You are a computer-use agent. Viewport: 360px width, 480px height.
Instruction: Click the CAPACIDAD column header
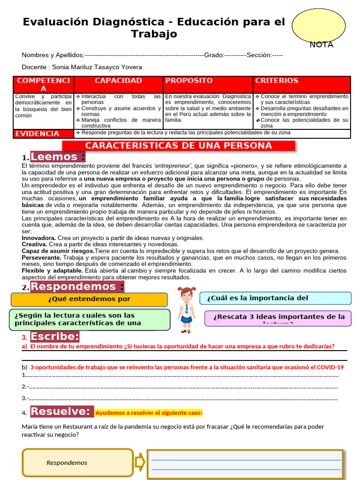[x=118, y=81]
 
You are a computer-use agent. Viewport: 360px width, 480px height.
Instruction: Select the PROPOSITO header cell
[x=189, y=81]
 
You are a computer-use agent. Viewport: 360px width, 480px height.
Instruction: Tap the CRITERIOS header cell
[x=277, y=81]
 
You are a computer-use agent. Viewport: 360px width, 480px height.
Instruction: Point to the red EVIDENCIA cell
[x=37, y=134]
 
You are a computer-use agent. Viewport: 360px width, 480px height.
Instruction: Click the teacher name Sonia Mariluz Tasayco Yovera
[x=97, y=67]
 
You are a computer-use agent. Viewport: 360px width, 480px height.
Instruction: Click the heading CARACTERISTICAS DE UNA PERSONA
[x=179, y=146]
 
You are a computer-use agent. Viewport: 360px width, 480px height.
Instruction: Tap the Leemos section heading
[x=58, y=157]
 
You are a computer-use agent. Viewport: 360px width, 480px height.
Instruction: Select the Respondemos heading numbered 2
[x=77, y=286]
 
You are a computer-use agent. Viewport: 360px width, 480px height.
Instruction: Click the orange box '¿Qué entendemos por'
[x=89, y=300]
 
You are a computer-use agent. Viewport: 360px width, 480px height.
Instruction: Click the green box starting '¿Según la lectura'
[x=89, y=319]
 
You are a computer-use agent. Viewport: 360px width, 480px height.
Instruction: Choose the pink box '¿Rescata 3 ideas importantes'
[x=278, y=318]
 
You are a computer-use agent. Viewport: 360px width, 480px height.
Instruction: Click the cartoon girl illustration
[x=187, y=309]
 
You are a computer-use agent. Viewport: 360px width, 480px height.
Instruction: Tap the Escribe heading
[x=55, y=337]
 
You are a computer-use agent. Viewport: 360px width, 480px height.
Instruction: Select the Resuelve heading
[x=62, y=412]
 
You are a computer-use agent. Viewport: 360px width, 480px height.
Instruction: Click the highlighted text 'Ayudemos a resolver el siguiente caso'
[x=149, y=413]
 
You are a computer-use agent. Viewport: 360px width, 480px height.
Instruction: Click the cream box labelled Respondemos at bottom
[x=78, y=463]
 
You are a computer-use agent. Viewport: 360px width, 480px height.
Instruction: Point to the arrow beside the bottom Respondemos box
[x=140, y=463]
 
